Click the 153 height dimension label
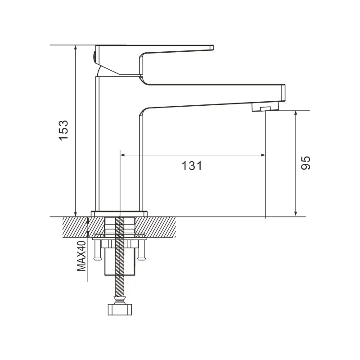click(x=64, y=130)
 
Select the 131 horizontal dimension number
click(x=192, y=166)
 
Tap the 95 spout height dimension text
click(x=306, y=163)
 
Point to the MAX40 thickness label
click(x=81, y=256)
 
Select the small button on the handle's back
click(x=94, y=56)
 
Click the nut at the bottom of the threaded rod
click(x=120, y=310)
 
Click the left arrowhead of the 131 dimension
click(x=123, y=155)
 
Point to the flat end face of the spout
click(x=283, y=93)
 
